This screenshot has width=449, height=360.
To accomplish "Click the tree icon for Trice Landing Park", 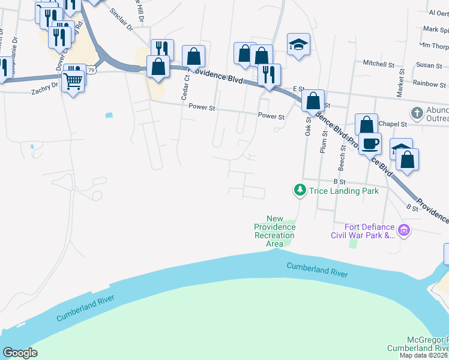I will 300,190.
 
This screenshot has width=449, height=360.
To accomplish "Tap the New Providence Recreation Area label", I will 274,231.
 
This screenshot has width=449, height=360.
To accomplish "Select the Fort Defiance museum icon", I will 404,230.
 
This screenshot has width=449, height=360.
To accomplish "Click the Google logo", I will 20,352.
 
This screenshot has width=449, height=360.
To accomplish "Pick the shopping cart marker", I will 73,80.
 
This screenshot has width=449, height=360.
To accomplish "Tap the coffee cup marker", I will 370,143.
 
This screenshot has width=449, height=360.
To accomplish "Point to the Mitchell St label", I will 378,63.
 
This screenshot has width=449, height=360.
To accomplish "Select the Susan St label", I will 429,65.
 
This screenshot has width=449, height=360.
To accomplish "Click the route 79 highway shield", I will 90,70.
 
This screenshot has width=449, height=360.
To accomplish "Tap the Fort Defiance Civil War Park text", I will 363,231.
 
